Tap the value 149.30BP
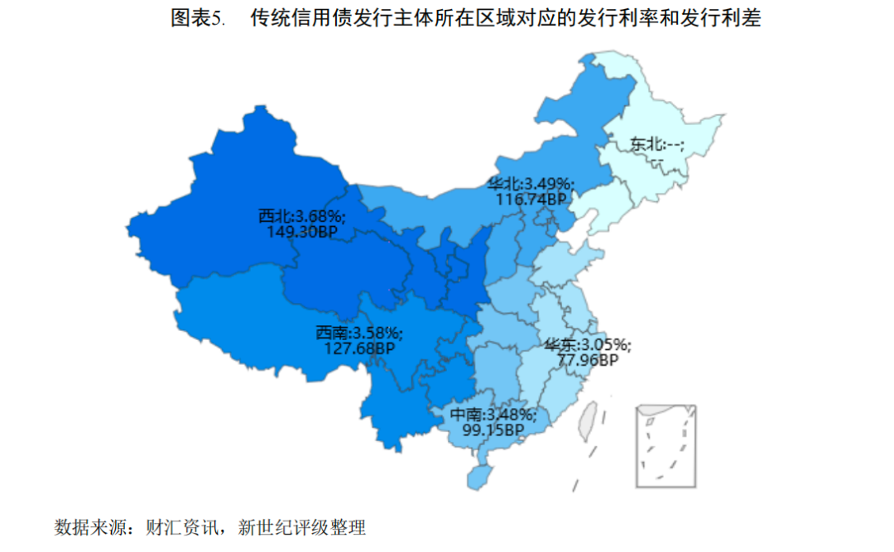click(302, 232)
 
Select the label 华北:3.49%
click(531, 184)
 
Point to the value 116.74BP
click(531, 199)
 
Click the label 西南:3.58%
click(358, 333)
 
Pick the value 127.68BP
click(358, 348)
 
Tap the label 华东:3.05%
click(587, 344)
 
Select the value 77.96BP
click(587, 359)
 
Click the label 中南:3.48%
click(493, 414)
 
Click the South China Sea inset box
click(666, 446)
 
